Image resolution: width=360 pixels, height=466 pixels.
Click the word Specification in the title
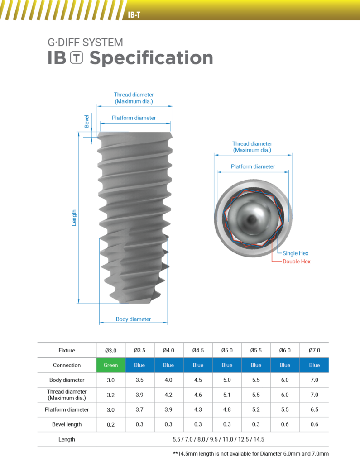(x=151, y=58)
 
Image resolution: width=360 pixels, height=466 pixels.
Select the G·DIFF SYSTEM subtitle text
(x=85, y=43)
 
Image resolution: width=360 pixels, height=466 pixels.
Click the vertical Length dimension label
(x=74, y=218)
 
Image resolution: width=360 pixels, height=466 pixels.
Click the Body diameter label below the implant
(x=133, y=319)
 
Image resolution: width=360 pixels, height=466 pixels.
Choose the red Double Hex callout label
(x=297, y=262)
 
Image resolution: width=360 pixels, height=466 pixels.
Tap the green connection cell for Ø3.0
(x=111, y=365)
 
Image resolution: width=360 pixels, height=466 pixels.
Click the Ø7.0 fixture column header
(x=314, y=351)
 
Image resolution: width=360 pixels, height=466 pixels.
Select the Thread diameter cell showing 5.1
(x=227, y=395)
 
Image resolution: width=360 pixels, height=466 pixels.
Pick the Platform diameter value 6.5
(x=314, y=409)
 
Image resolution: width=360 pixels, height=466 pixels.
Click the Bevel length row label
(x=67, y=424)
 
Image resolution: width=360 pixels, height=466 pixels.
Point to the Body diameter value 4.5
(x=198, y=380)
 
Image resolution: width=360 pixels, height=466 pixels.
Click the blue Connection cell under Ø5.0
(x=227, y=365)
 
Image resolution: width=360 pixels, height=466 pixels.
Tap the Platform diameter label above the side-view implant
(x=134, y=118)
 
